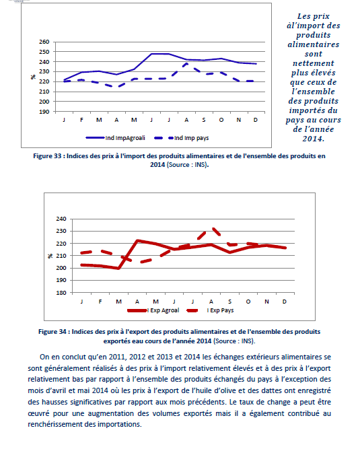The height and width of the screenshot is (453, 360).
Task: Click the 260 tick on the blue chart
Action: point(44,42)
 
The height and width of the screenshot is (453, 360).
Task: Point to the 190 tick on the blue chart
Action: point(44,112)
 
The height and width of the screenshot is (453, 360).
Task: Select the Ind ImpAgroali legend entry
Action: point(116,138)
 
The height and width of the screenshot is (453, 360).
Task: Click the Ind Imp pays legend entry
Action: point(182,138)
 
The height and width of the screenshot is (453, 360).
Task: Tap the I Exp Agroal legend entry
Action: point(153,310)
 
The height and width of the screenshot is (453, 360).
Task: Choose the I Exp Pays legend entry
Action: point(211,310)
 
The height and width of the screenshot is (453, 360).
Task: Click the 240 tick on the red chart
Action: point(61,219)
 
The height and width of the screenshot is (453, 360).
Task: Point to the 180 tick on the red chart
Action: point(61,293)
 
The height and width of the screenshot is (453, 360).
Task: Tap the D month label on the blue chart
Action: point(256,120)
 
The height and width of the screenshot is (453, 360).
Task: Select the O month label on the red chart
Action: point(248,302)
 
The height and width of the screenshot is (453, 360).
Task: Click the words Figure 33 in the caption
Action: point(47,156)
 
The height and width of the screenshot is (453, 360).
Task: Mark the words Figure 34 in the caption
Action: point(52,332)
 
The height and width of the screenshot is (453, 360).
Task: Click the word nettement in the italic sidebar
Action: point(314,63)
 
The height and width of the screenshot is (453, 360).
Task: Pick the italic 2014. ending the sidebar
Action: point(314,139)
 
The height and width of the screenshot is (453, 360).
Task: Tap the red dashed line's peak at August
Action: point(213,229)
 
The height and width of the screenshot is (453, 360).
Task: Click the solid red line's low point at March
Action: point(118,269)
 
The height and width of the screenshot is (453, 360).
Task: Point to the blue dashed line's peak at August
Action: point(186,63)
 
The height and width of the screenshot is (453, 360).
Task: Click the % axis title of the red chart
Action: point(50,256)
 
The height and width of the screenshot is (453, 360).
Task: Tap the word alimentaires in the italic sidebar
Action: point(314,44)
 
